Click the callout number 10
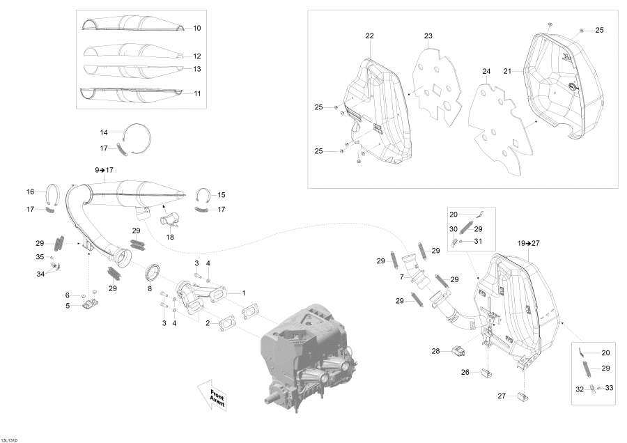point(196,29)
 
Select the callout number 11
point(196,93)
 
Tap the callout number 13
point(196,69)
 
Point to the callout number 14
point(104,132)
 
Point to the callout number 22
point(369,36)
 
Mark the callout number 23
point(428,36)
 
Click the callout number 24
point(486,71)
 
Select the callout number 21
point(507,71)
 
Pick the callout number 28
point(435,351)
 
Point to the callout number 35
point(40,257)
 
